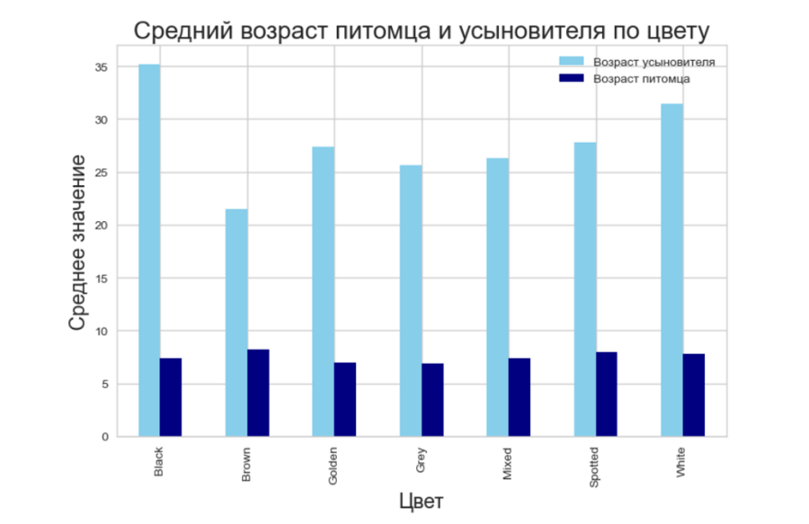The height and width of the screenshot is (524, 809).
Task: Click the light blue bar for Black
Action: click(x=149, y=251)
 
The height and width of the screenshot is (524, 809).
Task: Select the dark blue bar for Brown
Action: click(x=258, y=393)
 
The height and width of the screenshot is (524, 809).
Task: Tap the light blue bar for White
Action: click(x=671, y=271)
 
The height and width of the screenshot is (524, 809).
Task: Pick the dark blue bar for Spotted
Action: click(x=607, y=395)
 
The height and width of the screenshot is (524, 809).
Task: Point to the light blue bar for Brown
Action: click(x=236, y=323)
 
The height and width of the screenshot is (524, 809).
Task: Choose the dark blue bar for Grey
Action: click(x=432, y=400)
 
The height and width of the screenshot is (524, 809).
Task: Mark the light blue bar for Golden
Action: click(x=324, y=292)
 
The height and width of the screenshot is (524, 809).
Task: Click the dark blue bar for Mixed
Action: click(x=520, y=397)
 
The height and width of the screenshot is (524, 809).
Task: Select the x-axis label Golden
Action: click(x=333, y=466)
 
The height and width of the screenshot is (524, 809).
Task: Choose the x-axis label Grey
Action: click(x=421, y=460)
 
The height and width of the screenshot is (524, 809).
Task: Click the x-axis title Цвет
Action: click(x=421, y=500)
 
